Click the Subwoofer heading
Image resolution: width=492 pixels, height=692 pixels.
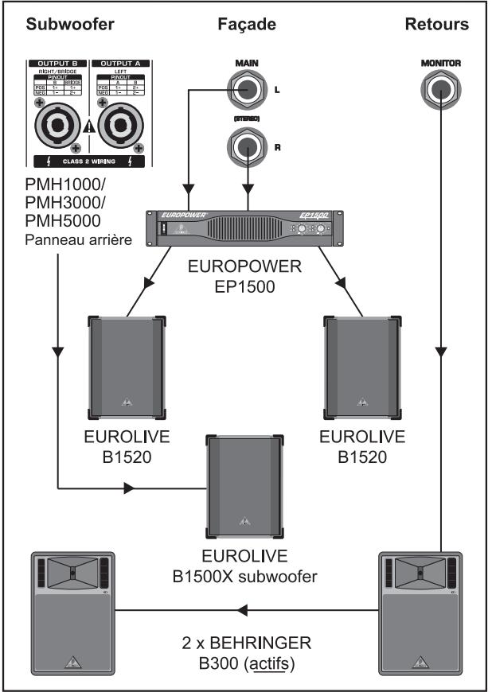(x=66, y=25)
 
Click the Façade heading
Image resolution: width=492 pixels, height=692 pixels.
(x=247, y=25)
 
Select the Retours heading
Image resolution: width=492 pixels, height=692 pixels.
(x=437, y=25)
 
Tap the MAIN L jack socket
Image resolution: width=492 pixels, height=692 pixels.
(x=249, y=91)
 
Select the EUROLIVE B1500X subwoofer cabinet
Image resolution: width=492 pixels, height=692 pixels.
(x=244, y=484)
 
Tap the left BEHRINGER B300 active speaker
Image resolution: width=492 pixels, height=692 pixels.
(x=73, y=611)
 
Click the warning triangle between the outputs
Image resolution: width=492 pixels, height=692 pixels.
(x=88, y=124)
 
